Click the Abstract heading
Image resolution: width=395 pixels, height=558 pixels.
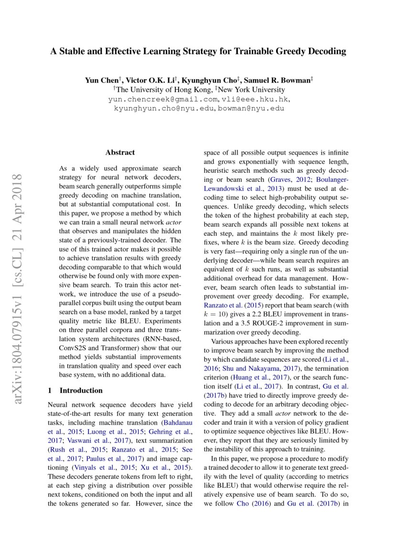120,153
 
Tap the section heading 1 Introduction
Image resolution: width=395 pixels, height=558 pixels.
75,390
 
